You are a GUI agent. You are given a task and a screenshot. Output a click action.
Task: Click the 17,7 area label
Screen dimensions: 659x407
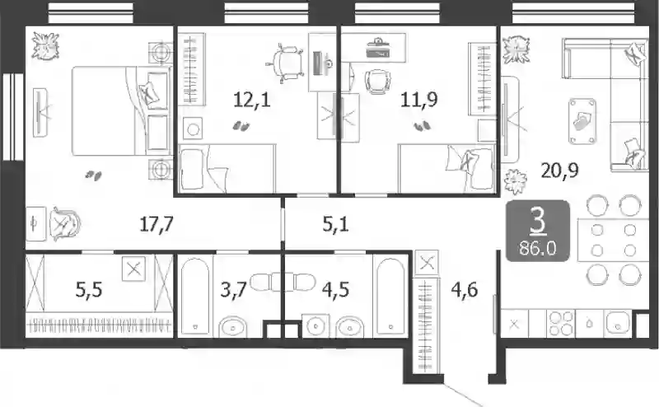tap(157, 225)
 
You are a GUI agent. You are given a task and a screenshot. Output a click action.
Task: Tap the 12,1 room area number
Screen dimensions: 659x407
tap(252, 100)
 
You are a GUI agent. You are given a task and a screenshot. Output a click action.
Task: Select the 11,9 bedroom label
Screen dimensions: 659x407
tap(419, 100)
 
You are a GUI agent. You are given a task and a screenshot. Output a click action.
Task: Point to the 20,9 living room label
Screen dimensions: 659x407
tap(560, 171)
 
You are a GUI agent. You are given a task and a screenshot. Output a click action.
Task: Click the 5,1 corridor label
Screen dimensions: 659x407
tap(335, 225)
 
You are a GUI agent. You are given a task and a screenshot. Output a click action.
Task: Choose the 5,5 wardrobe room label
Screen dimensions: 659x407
tap(89, 290)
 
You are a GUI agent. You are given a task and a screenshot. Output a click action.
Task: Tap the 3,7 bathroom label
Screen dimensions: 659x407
tap(233, 290)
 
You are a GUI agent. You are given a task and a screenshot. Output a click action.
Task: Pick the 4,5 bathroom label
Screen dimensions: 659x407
tap(335, 290)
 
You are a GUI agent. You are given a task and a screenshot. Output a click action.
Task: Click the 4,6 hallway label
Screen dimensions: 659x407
tap(465, 290)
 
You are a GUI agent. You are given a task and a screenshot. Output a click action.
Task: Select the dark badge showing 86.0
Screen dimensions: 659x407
tap(538, 231)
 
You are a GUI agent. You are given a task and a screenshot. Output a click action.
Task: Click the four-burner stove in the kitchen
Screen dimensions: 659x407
tap(561, 323)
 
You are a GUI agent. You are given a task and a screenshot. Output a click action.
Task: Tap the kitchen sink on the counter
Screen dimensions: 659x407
tap(617, 323)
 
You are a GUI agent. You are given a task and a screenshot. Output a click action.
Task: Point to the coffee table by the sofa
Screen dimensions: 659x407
tap(582, 121)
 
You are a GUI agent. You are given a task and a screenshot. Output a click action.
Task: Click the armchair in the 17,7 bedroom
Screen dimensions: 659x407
tap(64, 223)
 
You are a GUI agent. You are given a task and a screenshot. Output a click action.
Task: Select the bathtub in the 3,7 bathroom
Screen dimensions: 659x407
tap(195, 297)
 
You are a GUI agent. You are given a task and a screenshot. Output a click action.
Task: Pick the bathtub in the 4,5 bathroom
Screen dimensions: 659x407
tap(390, 297)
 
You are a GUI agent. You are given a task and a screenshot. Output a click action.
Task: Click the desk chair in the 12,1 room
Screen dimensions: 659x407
tap(285, 63)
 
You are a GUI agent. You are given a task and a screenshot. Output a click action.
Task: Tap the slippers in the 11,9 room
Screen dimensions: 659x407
tap(423, 126)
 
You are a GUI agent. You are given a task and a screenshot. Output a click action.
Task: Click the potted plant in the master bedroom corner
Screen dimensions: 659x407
tap(45, 45)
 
